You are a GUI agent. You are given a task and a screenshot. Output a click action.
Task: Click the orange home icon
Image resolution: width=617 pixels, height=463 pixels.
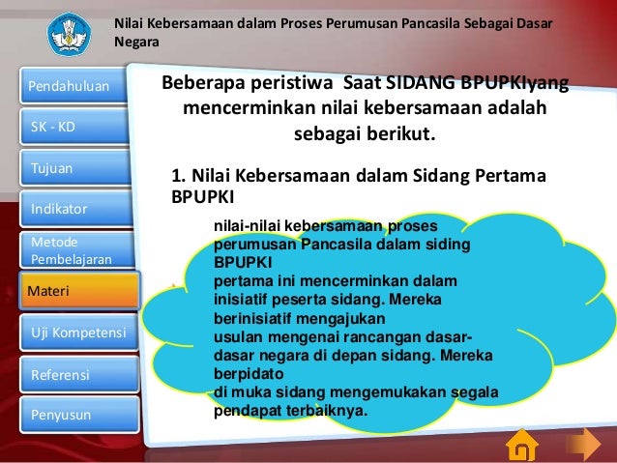522,446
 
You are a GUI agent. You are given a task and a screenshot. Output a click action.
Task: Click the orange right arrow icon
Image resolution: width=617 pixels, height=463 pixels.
583,446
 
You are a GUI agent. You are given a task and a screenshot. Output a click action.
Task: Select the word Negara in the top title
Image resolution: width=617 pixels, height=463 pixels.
135,42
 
